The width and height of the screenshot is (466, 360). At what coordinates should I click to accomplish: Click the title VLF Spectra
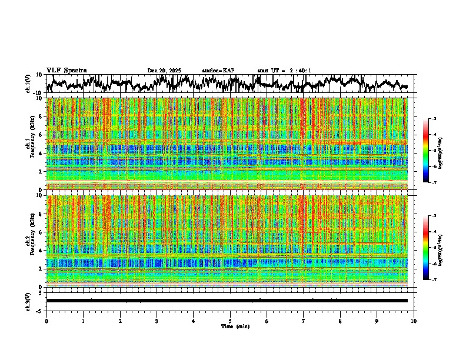coord(66,71)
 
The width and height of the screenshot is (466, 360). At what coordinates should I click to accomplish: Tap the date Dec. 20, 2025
coord(164,71)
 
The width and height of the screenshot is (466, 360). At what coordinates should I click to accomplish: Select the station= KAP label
coord(218,71)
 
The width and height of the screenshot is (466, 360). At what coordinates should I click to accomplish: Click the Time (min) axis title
coord(235,326)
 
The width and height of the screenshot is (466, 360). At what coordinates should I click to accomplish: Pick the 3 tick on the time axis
coord(157,321)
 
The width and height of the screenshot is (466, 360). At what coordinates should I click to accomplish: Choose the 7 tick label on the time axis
coord(304,321)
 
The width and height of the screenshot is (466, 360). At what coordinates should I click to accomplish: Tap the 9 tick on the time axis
coord(377,321)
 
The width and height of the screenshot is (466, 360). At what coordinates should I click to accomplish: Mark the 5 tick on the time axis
coord(230,321)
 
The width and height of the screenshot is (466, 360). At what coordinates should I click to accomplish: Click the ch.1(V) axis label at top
coord(28,83)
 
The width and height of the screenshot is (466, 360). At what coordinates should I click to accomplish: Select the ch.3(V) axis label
coord(28,301)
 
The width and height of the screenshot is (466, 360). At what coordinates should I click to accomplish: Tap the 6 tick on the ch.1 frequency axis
coord(40,135)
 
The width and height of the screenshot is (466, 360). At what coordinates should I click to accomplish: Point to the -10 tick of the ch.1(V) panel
coord(38,92)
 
